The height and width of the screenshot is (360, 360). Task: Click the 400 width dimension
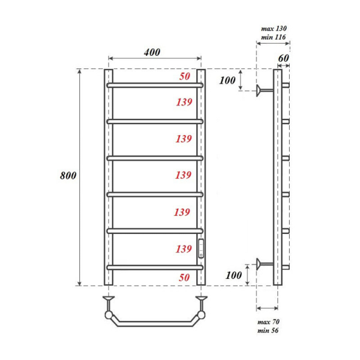[152, 52]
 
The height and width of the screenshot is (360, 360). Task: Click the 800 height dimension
[67, 176]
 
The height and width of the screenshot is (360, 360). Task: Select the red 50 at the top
[185, 77]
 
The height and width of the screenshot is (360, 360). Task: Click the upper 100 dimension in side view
[229, 80]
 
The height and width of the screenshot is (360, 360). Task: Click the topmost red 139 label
[184, 103]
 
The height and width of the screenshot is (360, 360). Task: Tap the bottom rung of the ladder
[155, 267]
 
